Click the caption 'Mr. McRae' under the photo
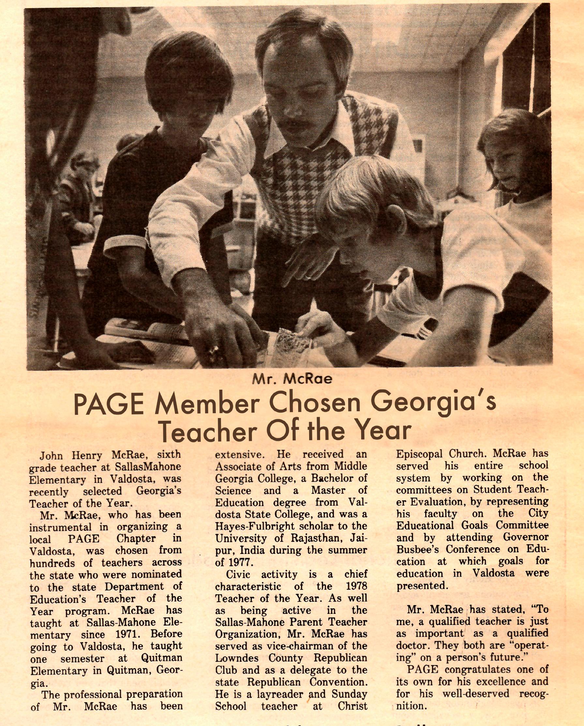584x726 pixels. (x=292, y=380)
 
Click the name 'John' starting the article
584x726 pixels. (x=51, y=456)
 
